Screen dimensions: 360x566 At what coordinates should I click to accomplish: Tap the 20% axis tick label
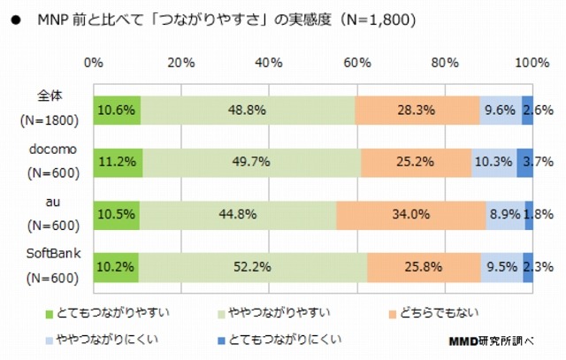tap(180, 63)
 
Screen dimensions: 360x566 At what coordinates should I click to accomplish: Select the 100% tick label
tap(532, 63)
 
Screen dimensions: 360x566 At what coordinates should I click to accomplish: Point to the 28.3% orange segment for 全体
tap(417, 111)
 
